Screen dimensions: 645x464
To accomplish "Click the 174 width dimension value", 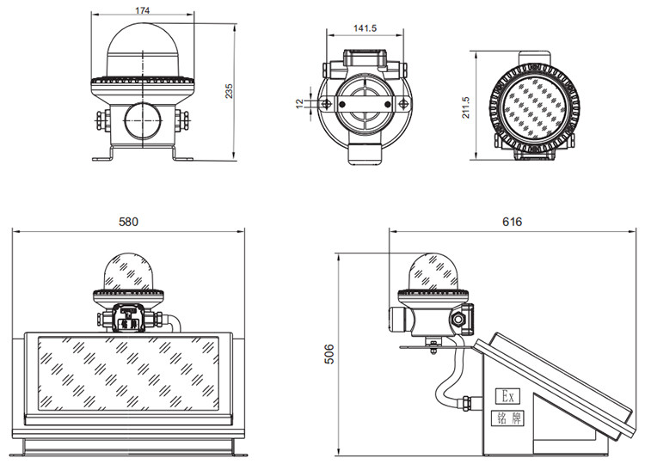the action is pyautogui.click(x=142, y=9).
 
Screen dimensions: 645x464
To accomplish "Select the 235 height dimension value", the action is pyautogui.click(x=229, y=91).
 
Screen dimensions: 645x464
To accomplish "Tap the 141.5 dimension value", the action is pyautogui.click(x=365, y=28).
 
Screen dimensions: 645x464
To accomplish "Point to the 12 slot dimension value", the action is pyautogui.click(x=299, y=103).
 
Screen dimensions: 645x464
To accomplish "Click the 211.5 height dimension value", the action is pyautogui.click(x=465, y=107).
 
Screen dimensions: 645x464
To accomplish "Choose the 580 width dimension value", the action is pyautogui.click(x=128, y=222).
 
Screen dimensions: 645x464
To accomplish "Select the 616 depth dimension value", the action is pyautogui.click(x=513, y=222).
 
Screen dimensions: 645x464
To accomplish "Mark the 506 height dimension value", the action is pyautogui.click(x=329, y=354).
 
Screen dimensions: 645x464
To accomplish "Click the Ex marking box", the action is pyautogui.click(x=507, y=396).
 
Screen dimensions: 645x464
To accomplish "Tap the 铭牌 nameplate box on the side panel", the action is pyautogui.click(x=507, y=418).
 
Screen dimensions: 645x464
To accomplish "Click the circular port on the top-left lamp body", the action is pyautogui.click(x=143, y=121).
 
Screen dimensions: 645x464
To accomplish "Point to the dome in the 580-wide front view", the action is pyautogui.click(x=128, y=272).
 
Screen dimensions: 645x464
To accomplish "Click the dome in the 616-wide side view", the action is pyautogui.click(x=433, y=272).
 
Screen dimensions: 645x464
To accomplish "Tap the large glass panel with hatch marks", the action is pyautogui.click(x=128, y=374).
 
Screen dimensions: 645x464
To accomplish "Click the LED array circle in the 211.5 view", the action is pyautogui.click(x=534, y=108).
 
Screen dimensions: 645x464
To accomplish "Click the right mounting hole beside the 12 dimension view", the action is pyautogui.click(x=403, y=104).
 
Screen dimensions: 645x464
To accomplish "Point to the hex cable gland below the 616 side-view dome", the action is pyautogui.click(x=457, y=319).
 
